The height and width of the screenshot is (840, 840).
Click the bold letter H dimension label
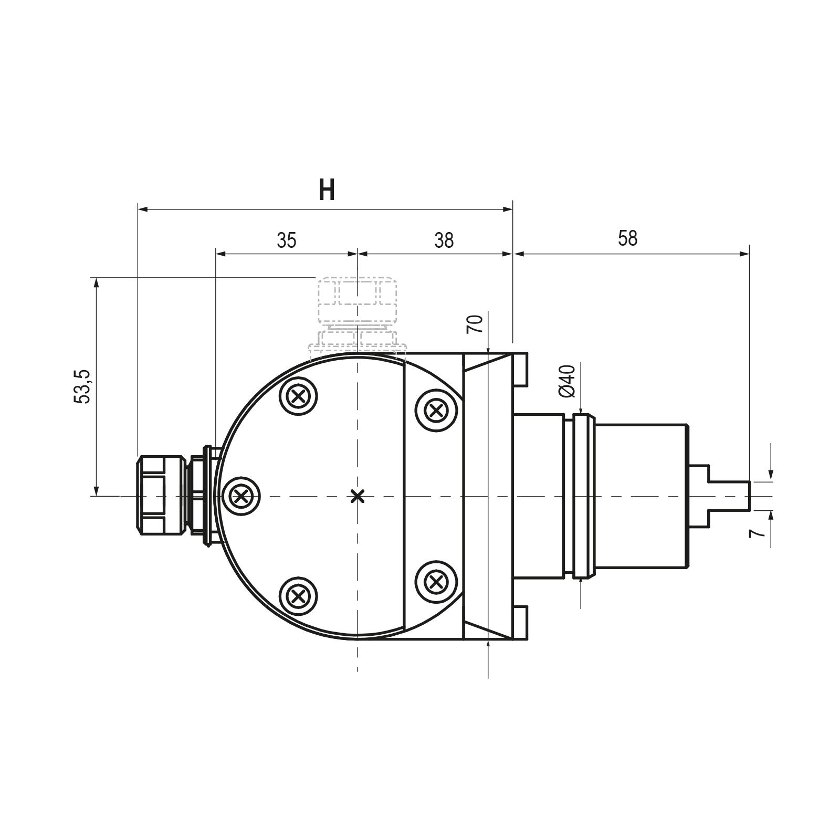point(327,190)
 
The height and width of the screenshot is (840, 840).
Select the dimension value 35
point(287,240)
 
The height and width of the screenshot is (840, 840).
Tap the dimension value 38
point(444,240)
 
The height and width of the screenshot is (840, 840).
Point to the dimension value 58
point(627,238)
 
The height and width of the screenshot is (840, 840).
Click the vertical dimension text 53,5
point(83,386)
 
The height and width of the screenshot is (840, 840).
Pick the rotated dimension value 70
point(475,324)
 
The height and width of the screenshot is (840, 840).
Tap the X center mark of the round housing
point(358,496)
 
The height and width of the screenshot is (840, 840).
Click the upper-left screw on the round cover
point(299,396)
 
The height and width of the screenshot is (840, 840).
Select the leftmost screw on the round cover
point(241,496)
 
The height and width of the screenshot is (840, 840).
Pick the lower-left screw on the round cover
point(299,596)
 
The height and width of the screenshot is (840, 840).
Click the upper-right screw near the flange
point(435,410)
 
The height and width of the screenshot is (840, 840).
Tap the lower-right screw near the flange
point(435,581)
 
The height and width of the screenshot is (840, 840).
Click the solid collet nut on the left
point(161,496)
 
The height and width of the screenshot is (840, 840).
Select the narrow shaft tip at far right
point(729,496)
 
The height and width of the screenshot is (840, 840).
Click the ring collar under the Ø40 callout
point(584,496)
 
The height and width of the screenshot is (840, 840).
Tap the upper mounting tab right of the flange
point(521,369)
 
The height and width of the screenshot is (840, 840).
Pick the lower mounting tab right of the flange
point(521,624)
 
